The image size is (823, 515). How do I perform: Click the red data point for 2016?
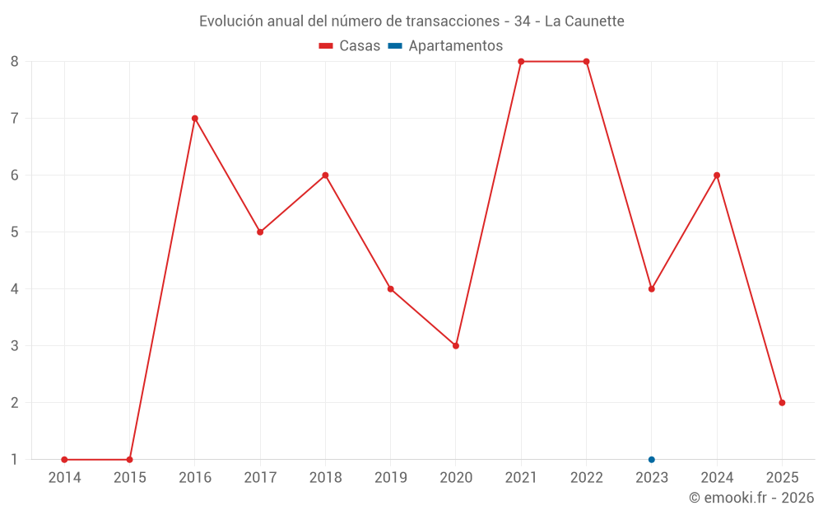tap(195, 118)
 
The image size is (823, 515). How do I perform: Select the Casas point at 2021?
tap(521, 61)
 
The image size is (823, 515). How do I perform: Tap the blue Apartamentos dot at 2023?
tap(652, 460)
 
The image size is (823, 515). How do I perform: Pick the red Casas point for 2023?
tap(652, 288)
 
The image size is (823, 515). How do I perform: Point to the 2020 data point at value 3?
tap(456, 345)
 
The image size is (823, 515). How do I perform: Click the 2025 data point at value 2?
tap(782, 403)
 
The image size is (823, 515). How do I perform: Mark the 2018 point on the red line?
tap(325, 175)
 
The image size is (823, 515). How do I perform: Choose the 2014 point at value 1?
tap(64, 460)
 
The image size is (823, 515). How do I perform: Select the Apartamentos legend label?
tap(455, 46)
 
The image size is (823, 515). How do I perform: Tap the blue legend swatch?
tap(394, 46)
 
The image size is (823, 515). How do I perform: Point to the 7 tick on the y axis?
tap(15, 118)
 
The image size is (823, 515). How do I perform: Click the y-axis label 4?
tap(15, 288)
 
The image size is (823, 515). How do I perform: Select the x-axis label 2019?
tap(390, 477)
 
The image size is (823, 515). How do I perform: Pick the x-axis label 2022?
tap(586, 477)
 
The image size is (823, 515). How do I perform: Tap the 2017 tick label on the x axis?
tap(260, 477)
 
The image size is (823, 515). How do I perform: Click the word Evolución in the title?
tap(231, 21)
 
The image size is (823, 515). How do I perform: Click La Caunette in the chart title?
tap(584, 21)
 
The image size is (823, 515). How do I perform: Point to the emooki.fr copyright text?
tap(751, 498)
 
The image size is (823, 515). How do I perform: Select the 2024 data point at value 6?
tap(717, 175)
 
